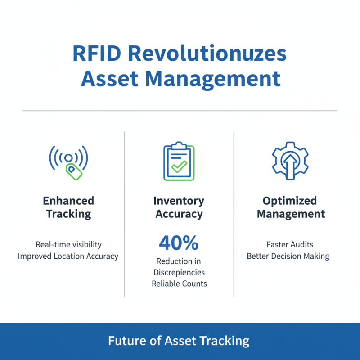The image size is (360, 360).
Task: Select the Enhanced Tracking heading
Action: pyautogui.click(x=68, y=207)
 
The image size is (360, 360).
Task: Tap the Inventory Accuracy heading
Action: pyautogui.click(x=179, y=207)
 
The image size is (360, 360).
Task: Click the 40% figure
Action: pyautogui.click(x=179, y=243)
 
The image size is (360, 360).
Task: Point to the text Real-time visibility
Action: pyautogui.click(x=68, y=245)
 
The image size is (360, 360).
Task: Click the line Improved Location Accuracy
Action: pyautogui.click(x=68, y=256)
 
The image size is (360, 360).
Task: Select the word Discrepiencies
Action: pyautogui.click(x=179, y=272)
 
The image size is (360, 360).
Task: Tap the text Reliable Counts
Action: pyautogui.click(x=179, y=284)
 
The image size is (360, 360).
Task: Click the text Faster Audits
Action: pyautogui.click(x=290, y=245)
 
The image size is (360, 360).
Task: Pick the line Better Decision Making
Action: pyautogui.click(x=288, y=256)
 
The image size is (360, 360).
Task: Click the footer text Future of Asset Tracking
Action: pyautogui.click(x=179, y=341)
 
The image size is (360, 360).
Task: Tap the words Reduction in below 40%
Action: pyautogui.click(x=179, y=261)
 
